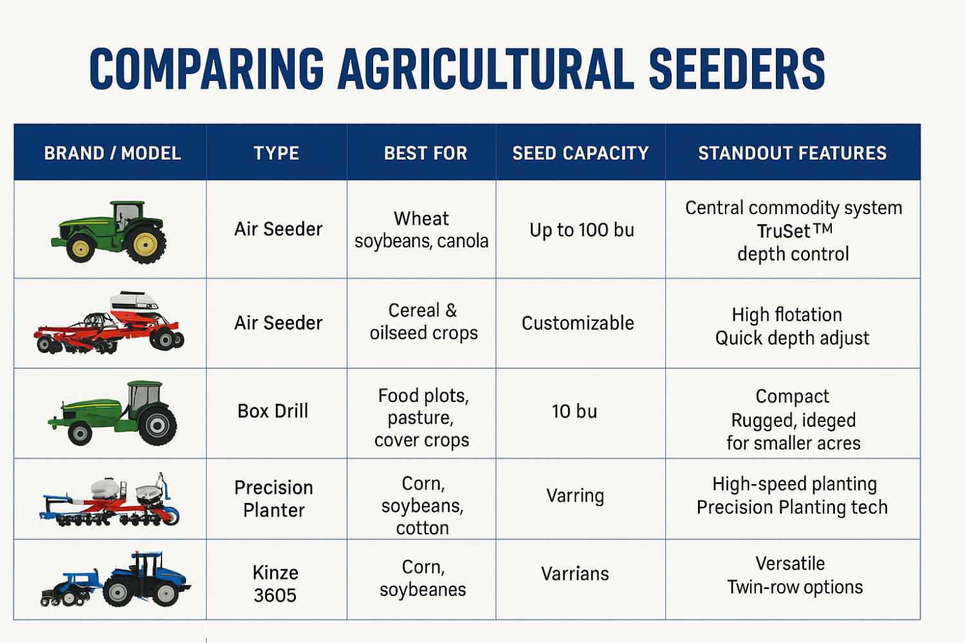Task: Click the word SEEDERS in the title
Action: [x=737, y=69]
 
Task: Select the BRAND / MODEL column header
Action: [x=112, y=153]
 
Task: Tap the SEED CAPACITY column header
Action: [x=580, y=153]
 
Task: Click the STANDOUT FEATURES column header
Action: [x=793, y=153]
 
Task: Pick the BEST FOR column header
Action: [x=425, y=153]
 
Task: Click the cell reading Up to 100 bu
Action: [x=582, y=230]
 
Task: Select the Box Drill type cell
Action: [x=273, y=411]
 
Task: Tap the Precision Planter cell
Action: [x=273, y=498]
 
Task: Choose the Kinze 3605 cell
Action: [x=275, y=584]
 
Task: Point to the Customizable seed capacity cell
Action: [x=578, y=323]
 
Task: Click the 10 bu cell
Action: [x=574, y=412]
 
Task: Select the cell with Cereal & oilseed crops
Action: [x=423, y=321]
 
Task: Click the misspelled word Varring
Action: [x=575, y=496]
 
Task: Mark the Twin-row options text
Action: [x=795, y=587]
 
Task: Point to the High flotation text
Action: [x=787, y=314]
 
